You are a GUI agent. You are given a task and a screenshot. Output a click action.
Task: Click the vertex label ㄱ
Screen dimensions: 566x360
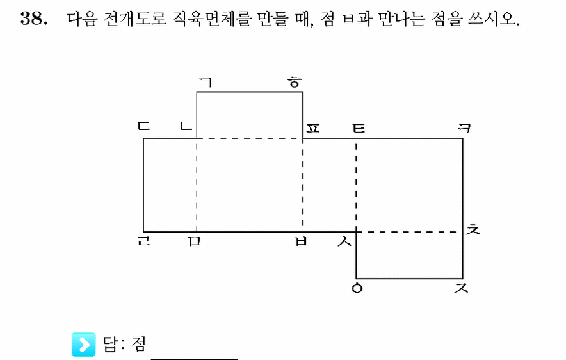coord(206,83)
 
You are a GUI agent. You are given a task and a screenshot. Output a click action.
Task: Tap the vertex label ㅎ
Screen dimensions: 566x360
coord(295,83)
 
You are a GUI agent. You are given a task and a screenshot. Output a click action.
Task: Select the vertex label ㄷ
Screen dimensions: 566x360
coord(143,126)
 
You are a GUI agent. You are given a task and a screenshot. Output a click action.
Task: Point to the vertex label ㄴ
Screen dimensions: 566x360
coord(186,126)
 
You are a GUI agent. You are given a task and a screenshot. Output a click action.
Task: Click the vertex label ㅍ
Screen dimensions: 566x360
coord(313,128)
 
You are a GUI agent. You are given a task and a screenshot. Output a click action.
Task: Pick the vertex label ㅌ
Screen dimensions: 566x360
coord(359,128)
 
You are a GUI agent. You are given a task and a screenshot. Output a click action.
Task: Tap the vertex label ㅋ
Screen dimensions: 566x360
coord(465,127)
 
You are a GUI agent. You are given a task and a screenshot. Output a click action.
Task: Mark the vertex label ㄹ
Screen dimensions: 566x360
coord(143,241)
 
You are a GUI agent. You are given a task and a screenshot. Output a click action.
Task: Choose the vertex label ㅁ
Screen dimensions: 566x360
coord(194,241)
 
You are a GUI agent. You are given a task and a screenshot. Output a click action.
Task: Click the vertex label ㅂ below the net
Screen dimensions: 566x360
coord(301,241)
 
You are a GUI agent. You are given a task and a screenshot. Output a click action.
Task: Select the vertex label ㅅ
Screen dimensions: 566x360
coord(344,241)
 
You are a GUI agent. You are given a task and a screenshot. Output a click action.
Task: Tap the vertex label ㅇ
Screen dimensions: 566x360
coord(357,288)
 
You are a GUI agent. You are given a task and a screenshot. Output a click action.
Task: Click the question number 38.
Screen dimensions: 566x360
coord(33,18)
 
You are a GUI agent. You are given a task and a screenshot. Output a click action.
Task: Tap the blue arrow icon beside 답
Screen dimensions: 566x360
coord(84,345)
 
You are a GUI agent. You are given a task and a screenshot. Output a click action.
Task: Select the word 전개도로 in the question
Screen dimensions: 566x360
coord(134,19)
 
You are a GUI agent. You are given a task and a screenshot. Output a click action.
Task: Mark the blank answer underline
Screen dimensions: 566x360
coord(194,359)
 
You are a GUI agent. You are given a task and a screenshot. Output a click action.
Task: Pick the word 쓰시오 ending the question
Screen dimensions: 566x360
coord(494,19)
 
